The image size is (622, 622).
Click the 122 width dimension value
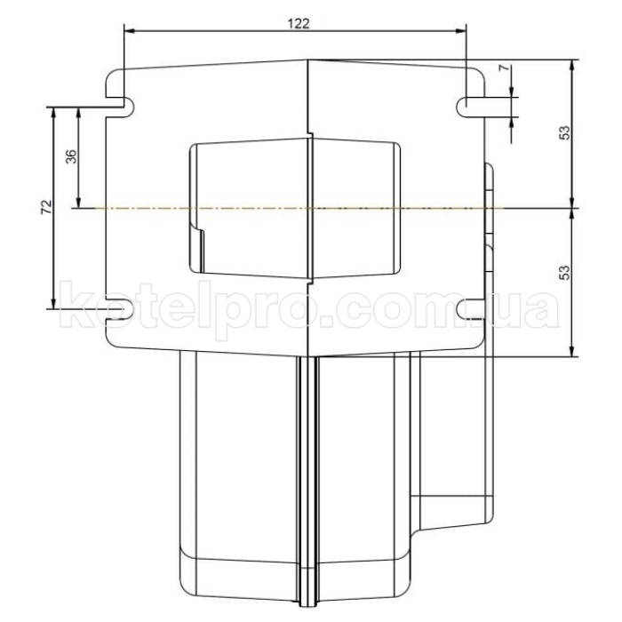(x=299, y=24)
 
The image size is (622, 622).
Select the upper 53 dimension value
(x=563, y=133)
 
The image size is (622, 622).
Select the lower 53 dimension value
(x=563, y=273)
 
